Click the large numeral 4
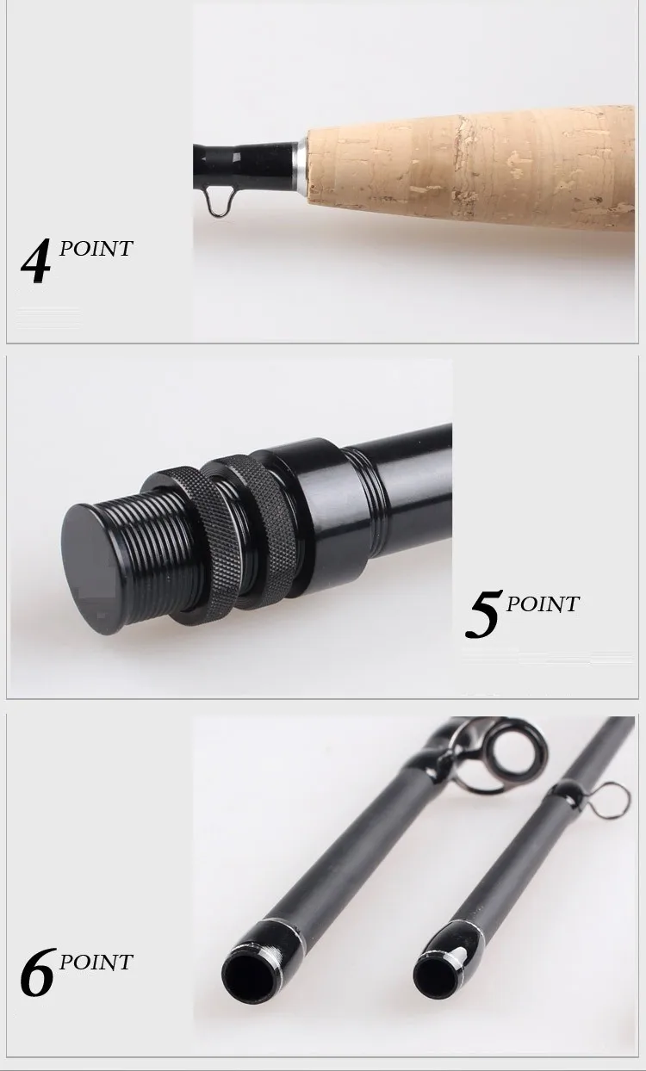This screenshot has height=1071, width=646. [36, 263]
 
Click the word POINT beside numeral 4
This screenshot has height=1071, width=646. [96, 249]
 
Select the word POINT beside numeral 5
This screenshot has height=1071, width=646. [543, 604]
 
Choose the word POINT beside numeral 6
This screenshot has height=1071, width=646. [96, 962]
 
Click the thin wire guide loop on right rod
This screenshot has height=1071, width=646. [613, 801]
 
